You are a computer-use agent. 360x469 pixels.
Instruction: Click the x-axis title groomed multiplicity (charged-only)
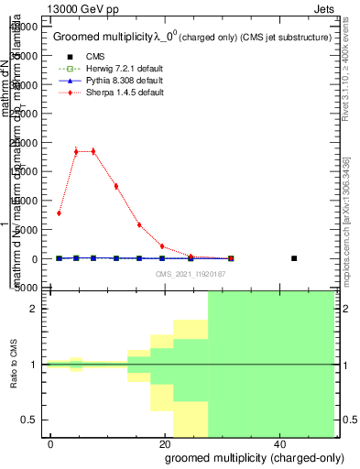pyautogui.click(x=248, y=458)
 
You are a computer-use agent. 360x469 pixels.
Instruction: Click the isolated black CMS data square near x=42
pyautogui.click(x=294, y=258)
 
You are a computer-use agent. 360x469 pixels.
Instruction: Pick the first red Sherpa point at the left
pyautogui.click(x=59, y=213)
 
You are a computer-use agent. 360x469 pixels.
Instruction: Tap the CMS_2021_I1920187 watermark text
pyautogui.click(x=191, y=274)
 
